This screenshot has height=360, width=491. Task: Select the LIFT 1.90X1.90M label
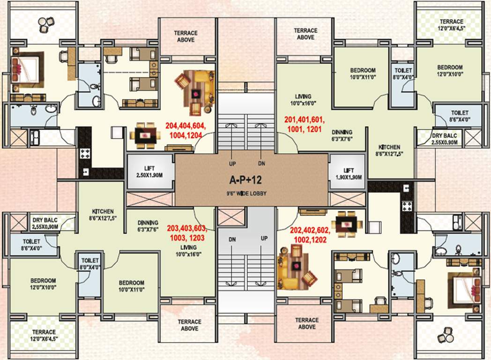[349, 174]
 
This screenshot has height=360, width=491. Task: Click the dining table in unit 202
[346, 224]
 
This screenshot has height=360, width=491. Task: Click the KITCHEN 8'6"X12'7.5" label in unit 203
[101, 215]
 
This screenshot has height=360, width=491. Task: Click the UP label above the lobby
[232, 164]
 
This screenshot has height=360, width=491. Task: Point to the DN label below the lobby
[232, 239]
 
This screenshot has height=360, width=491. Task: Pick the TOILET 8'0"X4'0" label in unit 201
[402, 74]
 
